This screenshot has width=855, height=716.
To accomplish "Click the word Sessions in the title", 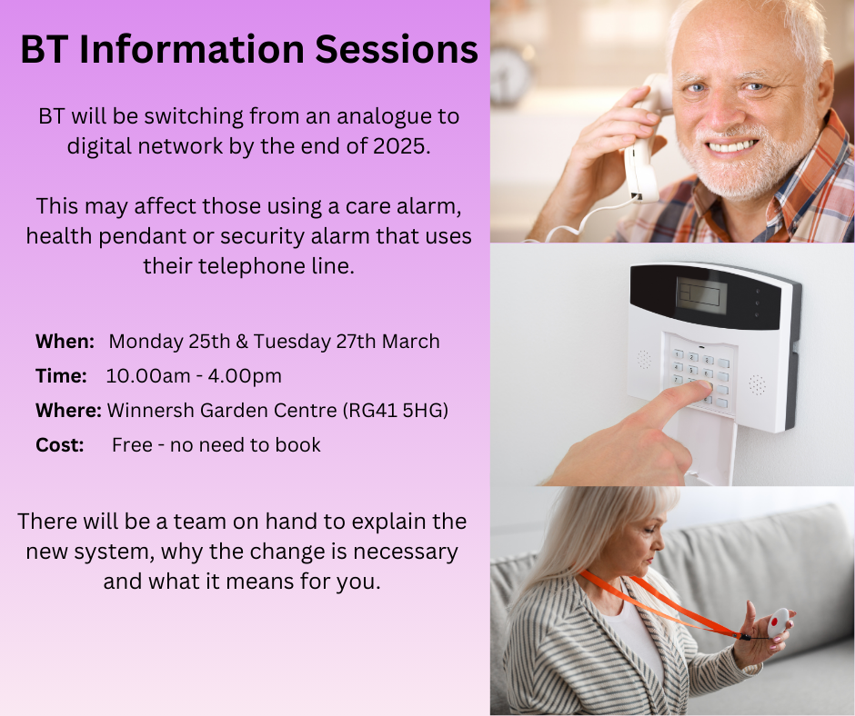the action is click(x=397, y=49).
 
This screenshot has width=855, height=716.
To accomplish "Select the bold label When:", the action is click(x=65, y=341).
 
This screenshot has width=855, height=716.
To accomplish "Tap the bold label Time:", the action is click(x=61, y=376).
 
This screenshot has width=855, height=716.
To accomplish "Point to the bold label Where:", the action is click(x=69, y=411).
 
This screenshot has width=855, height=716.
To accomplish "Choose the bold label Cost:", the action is click(x=59, y=445).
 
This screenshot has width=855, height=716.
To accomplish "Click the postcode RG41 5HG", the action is click(x=396, y=411).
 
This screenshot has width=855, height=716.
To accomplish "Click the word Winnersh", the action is click(x=151, y=411).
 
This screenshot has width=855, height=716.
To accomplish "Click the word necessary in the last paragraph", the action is click(x=406, y=552).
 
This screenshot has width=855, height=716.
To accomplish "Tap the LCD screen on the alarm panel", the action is click(x=701, y=294).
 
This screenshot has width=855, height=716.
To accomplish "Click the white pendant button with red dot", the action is click(x=778, y=622).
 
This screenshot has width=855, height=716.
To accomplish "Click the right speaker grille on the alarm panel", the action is click(x=757, y=384).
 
